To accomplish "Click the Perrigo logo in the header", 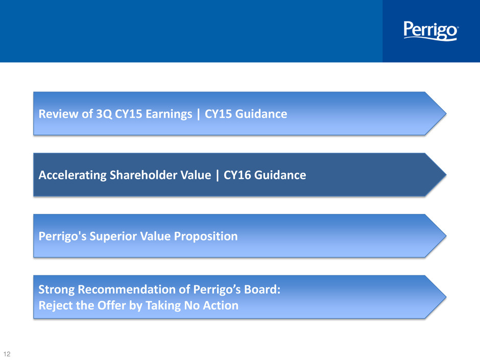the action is point(431,31).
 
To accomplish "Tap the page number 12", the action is point(7,354).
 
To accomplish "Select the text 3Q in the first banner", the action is point(104,114).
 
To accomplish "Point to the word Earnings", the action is point(169,114).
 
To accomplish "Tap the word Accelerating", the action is point(72,175).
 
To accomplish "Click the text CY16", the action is point(237,175).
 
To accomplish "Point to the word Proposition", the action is point(206,236).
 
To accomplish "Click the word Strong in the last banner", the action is point(56,290).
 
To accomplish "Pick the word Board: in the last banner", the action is point(262,290).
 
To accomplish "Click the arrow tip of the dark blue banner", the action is point(446,175).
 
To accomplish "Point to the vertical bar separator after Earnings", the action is point(198,114).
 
